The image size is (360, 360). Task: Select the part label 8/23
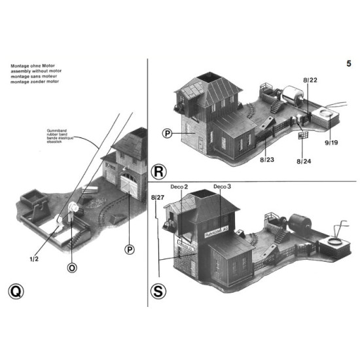tap(266, 158)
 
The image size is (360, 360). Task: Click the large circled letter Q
tap(16, 291)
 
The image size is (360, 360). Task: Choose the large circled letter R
tap(159, 172)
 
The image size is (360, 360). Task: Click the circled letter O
tap(72, 266)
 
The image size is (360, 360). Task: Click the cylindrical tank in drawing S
tap(304, 221)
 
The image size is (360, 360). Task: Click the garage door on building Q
tap(131, 188)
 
